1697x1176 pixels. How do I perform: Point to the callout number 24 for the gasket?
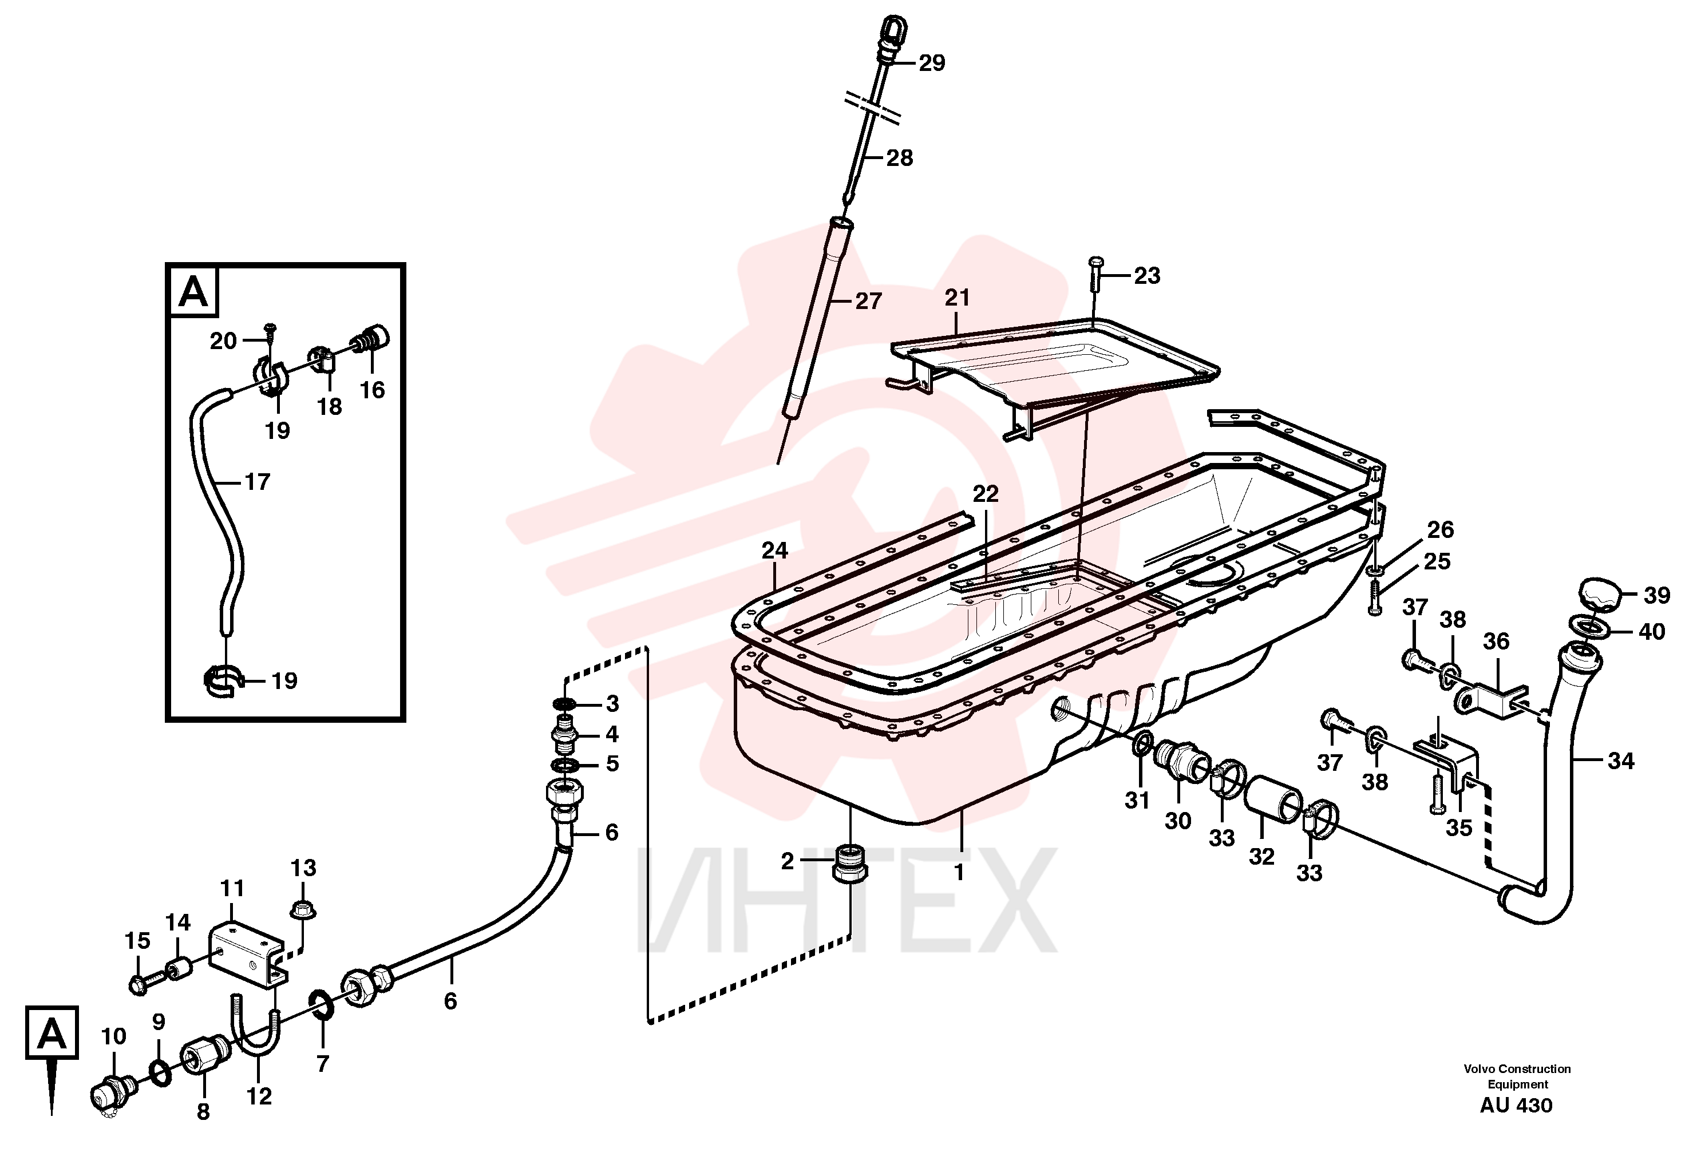pyautogui.click(x=774, y=551)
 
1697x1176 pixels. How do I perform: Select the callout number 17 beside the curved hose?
pyautogui.click(x=257, y=482)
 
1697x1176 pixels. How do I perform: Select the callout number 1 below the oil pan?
pyautogui.click(x=959, y=873)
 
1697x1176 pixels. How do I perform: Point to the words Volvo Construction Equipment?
pyautogui.click(x=1517, y=1076)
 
